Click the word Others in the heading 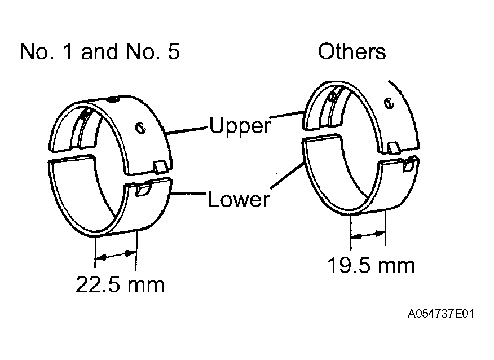click(x=351, y=51)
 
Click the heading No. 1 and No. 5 click(x=100, y=51)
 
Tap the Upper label click(x=240, y=126)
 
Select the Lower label click(x=239, y=199)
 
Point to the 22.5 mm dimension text click(x=120, y=284)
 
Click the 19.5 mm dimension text click(x=371, y=265)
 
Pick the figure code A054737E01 click(x=441, y=314)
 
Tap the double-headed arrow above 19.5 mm click(x=368, y=235)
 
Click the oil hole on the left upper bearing click(x=140, y=128)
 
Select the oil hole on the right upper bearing click(x=389, y=103)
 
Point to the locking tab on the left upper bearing click(x=160, y=167)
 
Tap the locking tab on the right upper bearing click(x=394, y=148)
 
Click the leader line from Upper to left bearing click(x=187, y=130)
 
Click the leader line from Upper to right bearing click(x=286, y=114)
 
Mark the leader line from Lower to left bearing click(x=188, y=192)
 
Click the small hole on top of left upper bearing click(x=113, y=100)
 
